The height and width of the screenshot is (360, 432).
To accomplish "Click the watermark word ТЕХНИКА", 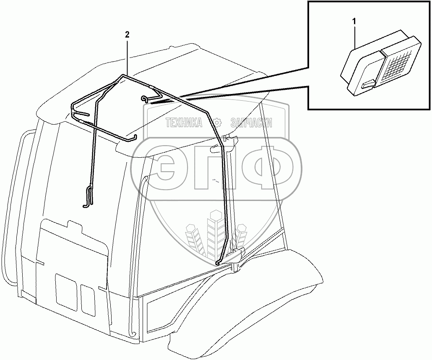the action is (x=184, y=123).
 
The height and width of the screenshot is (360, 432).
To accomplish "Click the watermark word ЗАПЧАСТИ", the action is (x=251, y=123).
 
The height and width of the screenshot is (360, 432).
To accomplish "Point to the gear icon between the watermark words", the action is (x=217, y=123).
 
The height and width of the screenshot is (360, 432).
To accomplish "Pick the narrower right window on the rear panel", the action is (x=88, y=300).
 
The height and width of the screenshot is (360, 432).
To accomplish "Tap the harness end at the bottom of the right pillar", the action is (x=218, y=263).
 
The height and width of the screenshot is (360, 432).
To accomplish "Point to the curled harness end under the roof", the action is (x=145, y=99).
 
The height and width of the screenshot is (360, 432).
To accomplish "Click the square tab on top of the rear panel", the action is (x=75, y=227).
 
